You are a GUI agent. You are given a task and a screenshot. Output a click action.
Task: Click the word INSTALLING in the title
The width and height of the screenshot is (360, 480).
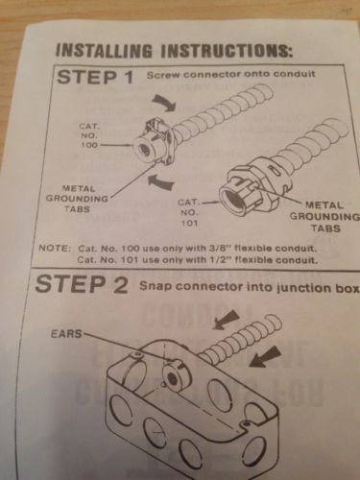tap(105, 50)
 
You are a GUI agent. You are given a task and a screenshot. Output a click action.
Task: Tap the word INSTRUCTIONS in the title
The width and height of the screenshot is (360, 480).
tap(227, 51)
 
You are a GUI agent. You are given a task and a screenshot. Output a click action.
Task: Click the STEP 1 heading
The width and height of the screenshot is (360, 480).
tap(95, 78)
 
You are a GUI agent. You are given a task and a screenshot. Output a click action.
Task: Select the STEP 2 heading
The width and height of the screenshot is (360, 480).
tap(82, 283)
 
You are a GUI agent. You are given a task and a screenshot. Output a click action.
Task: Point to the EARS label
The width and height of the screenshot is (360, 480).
tap(66, 334)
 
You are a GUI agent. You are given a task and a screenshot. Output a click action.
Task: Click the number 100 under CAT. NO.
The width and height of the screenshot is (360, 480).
tap(89, 145)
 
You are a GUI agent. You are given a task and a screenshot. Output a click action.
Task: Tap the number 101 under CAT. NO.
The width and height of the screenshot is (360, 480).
tap(190, 223)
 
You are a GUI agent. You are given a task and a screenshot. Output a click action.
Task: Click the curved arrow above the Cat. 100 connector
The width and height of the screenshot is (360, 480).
tap(164, 103)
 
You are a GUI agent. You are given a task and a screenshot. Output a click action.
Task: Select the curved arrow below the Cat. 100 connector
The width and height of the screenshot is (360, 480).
tap(161, 182)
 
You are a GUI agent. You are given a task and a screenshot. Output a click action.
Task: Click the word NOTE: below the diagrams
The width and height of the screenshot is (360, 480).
tap(54, 248)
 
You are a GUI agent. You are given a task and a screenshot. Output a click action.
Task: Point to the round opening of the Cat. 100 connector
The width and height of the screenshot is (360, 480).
tap(142, 149)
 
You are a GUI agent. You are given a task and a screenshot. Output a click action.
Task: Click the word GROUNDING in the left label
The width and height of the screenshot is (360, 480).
tap(77, 199)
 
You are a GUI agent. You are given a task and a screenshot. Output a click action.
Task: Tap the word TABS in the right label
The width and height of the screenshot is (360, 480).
tap(325, 228)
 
